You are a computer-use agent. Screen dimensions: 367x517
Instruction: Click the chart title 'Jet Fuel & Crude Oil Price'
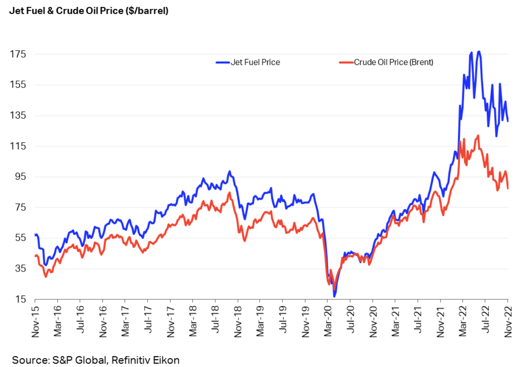[89, 11]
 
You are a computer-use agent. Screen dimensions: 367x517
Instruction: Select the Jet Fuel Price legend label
[255, 62]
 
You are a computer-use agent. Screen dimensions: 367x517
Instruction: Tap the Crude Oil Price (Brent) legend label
[393, 62]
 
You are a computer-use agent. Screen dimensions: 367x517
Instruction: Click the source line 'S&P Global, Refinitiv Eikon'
[95, 360]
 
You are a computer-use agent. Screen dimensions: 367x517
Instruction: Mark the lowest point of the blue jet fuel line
[335, 296]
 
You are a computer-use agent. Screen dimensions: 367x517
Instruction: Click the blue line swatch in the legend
[223, 62]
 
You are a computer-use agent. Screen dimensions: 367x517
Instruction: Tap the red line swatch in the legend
[346, 62]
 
